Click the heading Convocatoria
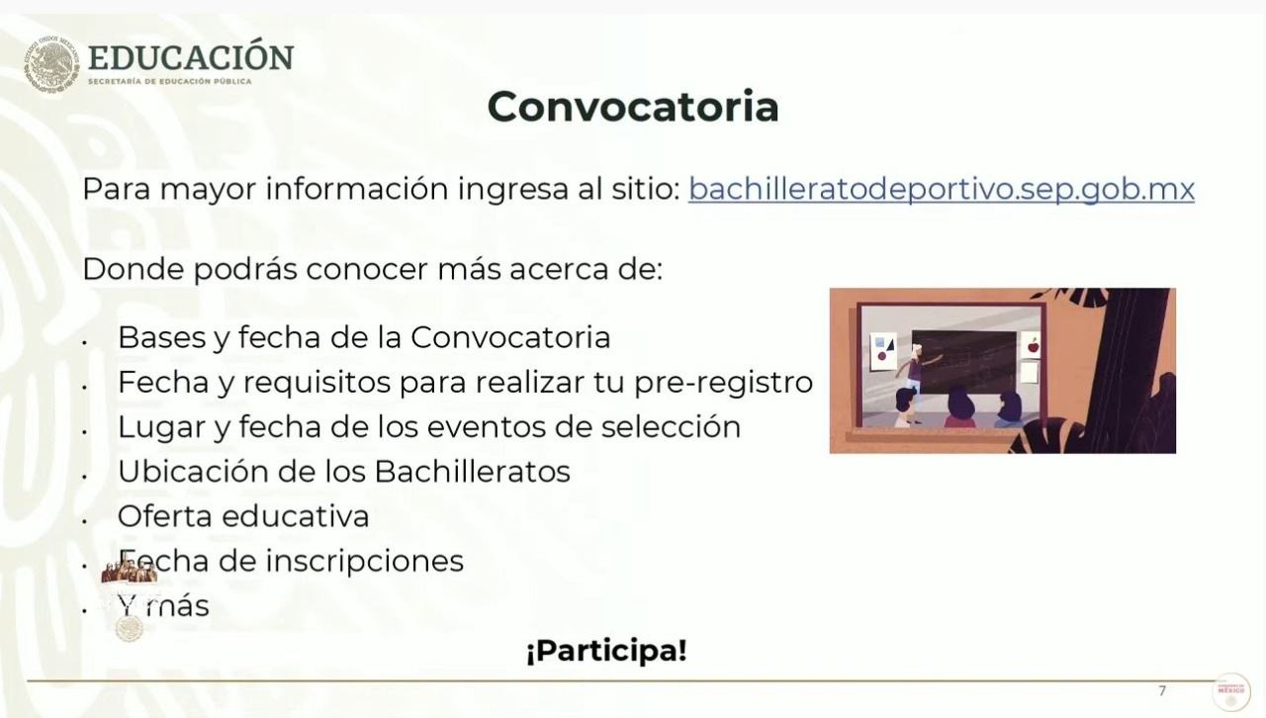pos(633,106)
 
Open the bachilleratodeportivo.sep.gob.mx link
pos(941,189)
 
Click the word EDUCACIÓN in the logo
pos(191,56)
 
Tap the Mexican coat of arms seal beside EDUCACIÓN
pos(51,64)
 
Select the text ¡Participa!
pos(606,650)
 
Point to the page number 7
pos(1162,691)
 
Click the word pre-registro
pos(723,384)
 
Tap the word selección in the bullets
pos(671,426)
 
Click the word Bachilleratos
pos(473,471)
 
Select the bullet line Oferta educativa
pos(243,516)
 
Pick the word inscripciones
pos(365,562)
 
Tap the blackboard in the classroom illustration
pos(963,362)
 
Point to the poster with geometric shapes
pos(882,350)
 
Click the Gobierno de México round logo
pos(1231,692)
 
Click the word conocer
pos(367,270)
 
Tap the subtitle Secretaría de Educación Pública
pos(169,81)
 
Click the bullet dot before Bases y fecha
pos(84,342)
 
